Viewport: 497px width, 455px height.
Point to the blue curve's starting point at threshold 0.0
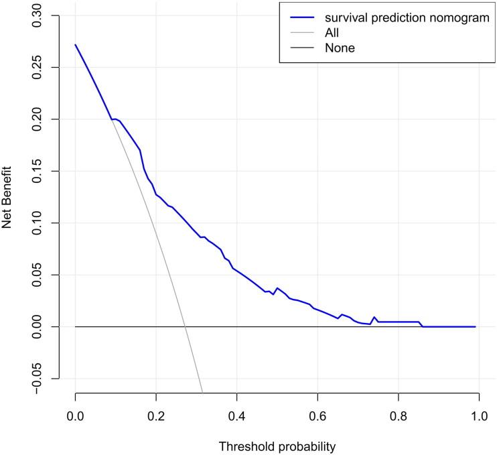point(75,44)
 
